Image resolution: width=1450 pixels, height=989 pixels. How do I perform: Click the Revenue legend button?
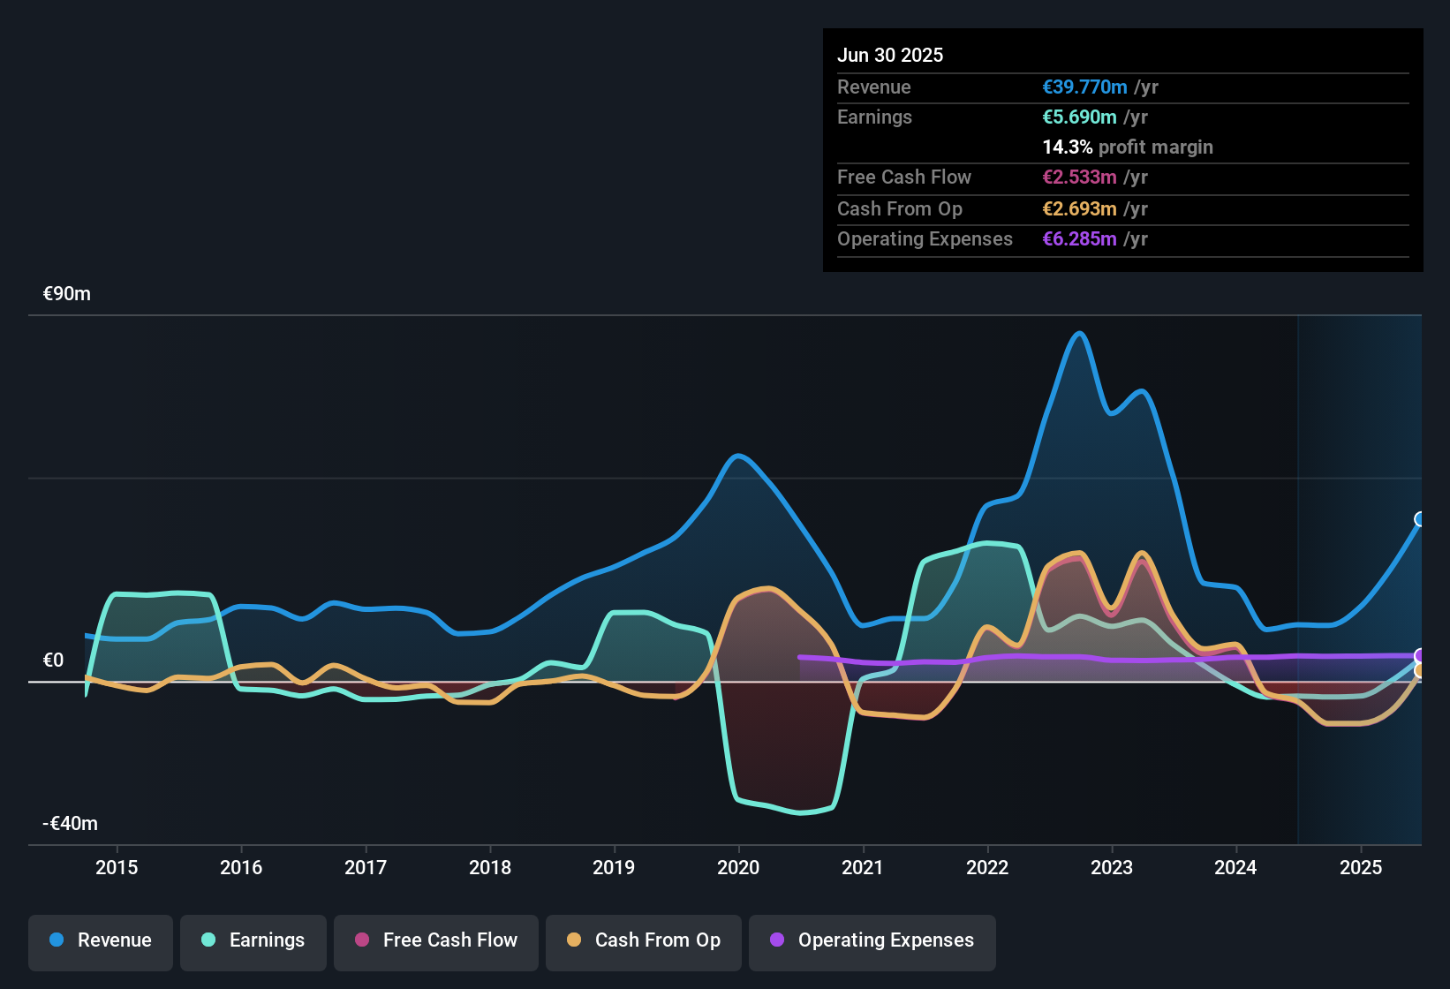tap(101, 940)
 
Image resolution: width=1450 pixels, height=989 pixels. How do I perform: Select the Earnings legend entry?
tap(253, 940)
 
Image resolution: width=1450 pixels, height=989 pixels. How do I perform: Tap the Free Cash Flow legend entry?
tap(436, 940)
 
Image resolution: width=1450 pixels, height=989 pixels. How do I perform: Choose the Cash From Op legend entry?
tap(644, 940)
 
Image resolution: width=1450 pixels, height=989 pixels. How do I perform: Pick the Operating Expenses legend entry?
tap(872, 940)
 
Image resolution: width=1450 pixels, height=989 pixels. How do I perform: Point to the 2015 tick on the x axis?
tap(117, 867)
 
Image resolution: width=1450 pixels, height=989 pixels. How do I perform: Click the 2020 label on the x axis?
tap(738, 867)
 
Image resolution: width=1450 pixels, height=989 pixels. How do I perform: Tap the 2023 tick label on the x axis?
tap(1112, 867)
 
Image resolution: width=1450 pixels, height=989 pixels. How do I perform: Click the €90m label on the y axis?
tap(67, 294)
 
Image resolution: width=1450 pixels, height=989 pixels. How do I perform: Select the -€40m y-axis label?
tap(71, 824)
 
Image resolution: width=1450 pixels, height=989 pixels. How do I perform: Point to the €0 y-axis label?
tap(54, 661)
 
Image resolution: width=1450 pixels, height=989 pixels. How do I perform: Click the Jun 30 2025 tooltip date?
tap(890, 56)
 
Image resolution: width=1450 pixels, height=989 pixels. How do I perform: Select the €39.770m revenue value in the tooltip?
tap(1084, 87)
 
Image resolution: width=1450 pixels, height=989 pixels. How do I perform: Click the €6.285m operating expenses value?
tap(1079, 239)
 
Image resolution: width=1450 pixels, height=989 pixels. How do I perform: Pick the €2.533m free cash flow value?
tap(1079, 177)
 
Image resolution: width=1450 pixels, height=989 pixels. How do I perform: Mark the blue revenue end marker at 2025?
tap(1420, 519)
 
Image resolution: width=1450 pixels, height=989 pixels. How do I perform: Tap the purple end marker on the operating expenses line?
tap(1420, 655)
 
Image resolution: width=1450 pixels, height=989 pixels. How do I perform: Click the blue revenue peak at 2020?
tap(738, 456)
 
